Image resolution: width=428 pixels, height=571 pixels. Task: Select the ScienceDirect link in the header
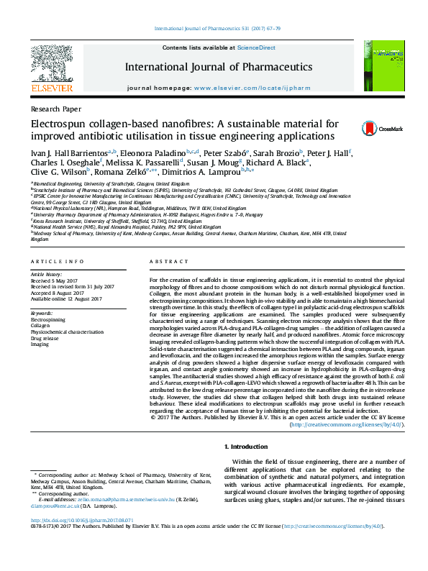click(257, 47)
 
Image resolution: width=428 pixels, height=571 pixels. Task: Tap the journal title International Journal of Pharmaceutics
click(219, 67)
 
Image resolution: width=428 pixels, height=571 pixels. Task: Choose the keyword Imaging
click(40, 344)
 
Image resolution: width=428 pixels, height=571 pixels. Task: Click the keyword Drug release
click(45, 338)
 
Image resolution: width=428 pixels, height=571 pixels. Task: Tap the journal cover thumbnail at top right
click(385, 65)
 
